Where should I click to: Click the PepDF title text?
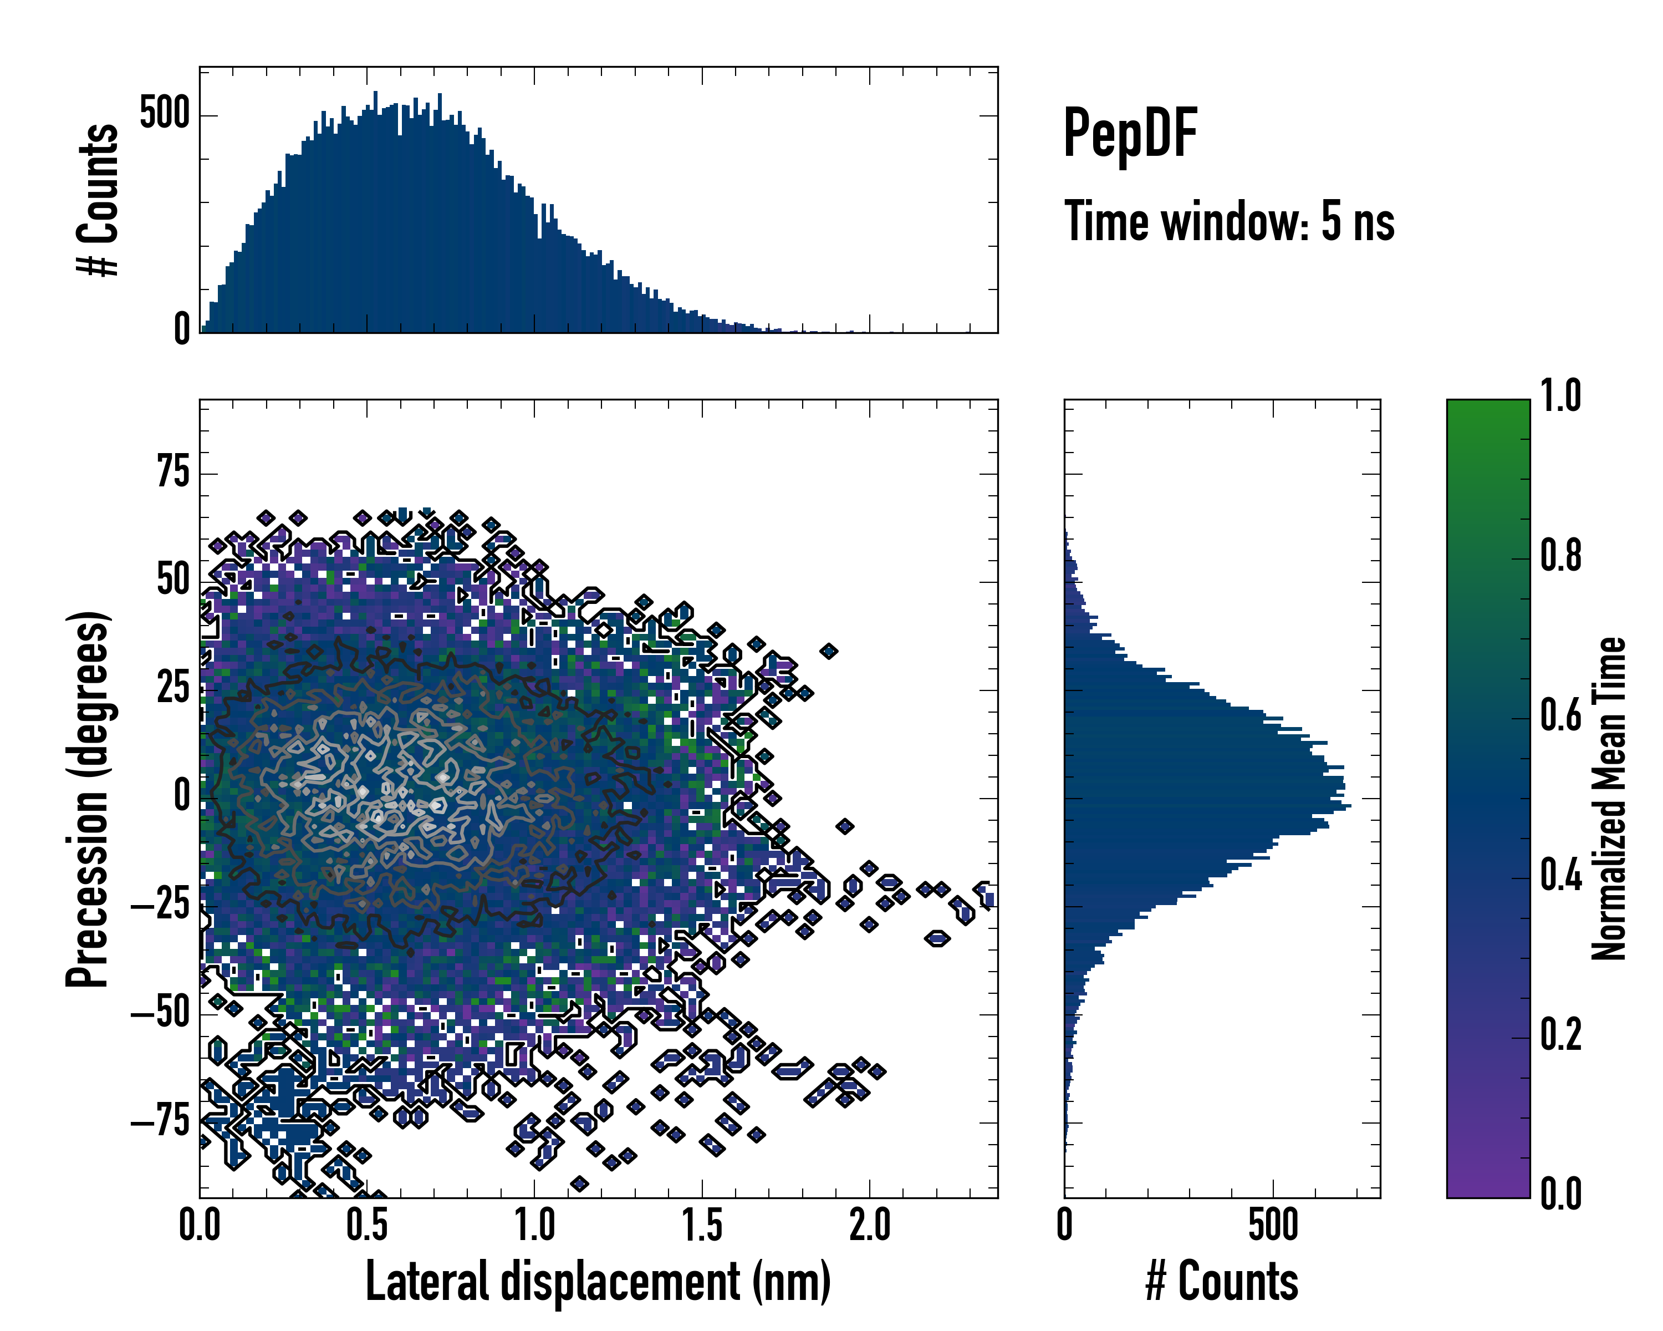point(1130,133)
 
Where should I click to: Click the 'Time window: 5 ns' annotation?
point(1229,221)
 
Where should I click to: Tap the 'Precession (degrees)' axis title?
point(86,799)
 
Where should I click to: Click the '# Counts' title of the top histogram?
point(98,200)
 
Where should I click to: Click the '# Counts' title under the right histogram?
point(1222,1282)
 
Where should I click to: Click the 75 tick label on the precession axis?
point(173,471)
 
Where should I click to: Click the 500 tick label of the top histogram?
point(164,114)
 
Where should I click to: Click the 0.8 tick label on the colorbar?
point(1560,556)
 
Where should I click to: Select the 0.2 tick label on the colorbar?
point(1560,1035)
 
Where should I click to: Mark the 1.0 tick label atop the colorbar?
point(1560,397)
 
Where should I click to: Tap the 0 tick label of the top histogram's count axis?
point(182,330)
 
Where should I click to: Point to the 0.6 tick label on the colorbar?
point(1560,716)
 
